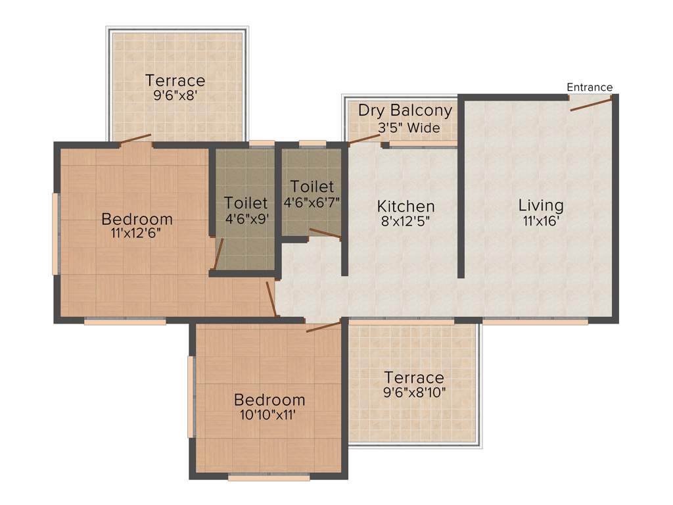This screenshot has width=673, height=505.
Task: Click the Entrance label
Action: tap(590, 87)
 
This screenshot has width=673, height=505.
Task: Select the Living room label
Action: tap(541, 204)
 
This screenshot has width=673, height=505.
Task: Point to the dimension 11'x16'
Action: tap(541, 221)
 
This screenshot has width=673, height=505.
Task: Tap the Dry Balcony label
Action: tap(405, 110)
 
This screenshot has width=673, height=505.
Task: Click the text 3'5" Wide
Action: tap(408, 128)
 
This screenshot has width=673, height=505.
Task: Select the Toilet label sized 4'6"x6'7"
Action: tap(312, 186)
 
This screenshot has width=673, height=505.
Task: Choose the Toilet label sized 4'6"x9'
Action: tap(245, 202)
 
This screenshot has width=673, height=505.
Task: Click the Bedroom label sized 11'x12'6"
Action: tap(137, 218)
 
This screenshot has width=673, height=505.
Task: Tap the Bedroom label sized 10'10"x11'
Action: tap(269, 399)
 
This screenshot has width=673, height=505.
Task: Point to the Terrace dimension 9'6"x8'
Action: tap(175, 95)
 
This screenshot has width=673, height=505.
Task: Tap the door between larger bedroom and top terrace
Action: tap(135, 139)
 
